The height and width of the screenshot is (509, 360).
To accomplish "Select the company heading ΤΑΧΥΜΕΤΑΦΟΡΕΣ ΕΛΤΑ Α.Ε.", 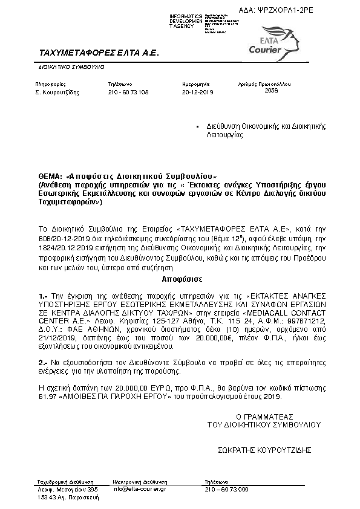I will [x=98, y=53].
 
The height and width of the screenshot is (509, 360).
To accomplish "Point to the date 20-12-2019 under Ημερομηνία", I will [x=198, y=92].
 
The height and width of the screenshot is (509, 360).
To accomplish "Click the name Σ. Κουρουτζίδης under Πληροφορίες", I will [x=62, y=92].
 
